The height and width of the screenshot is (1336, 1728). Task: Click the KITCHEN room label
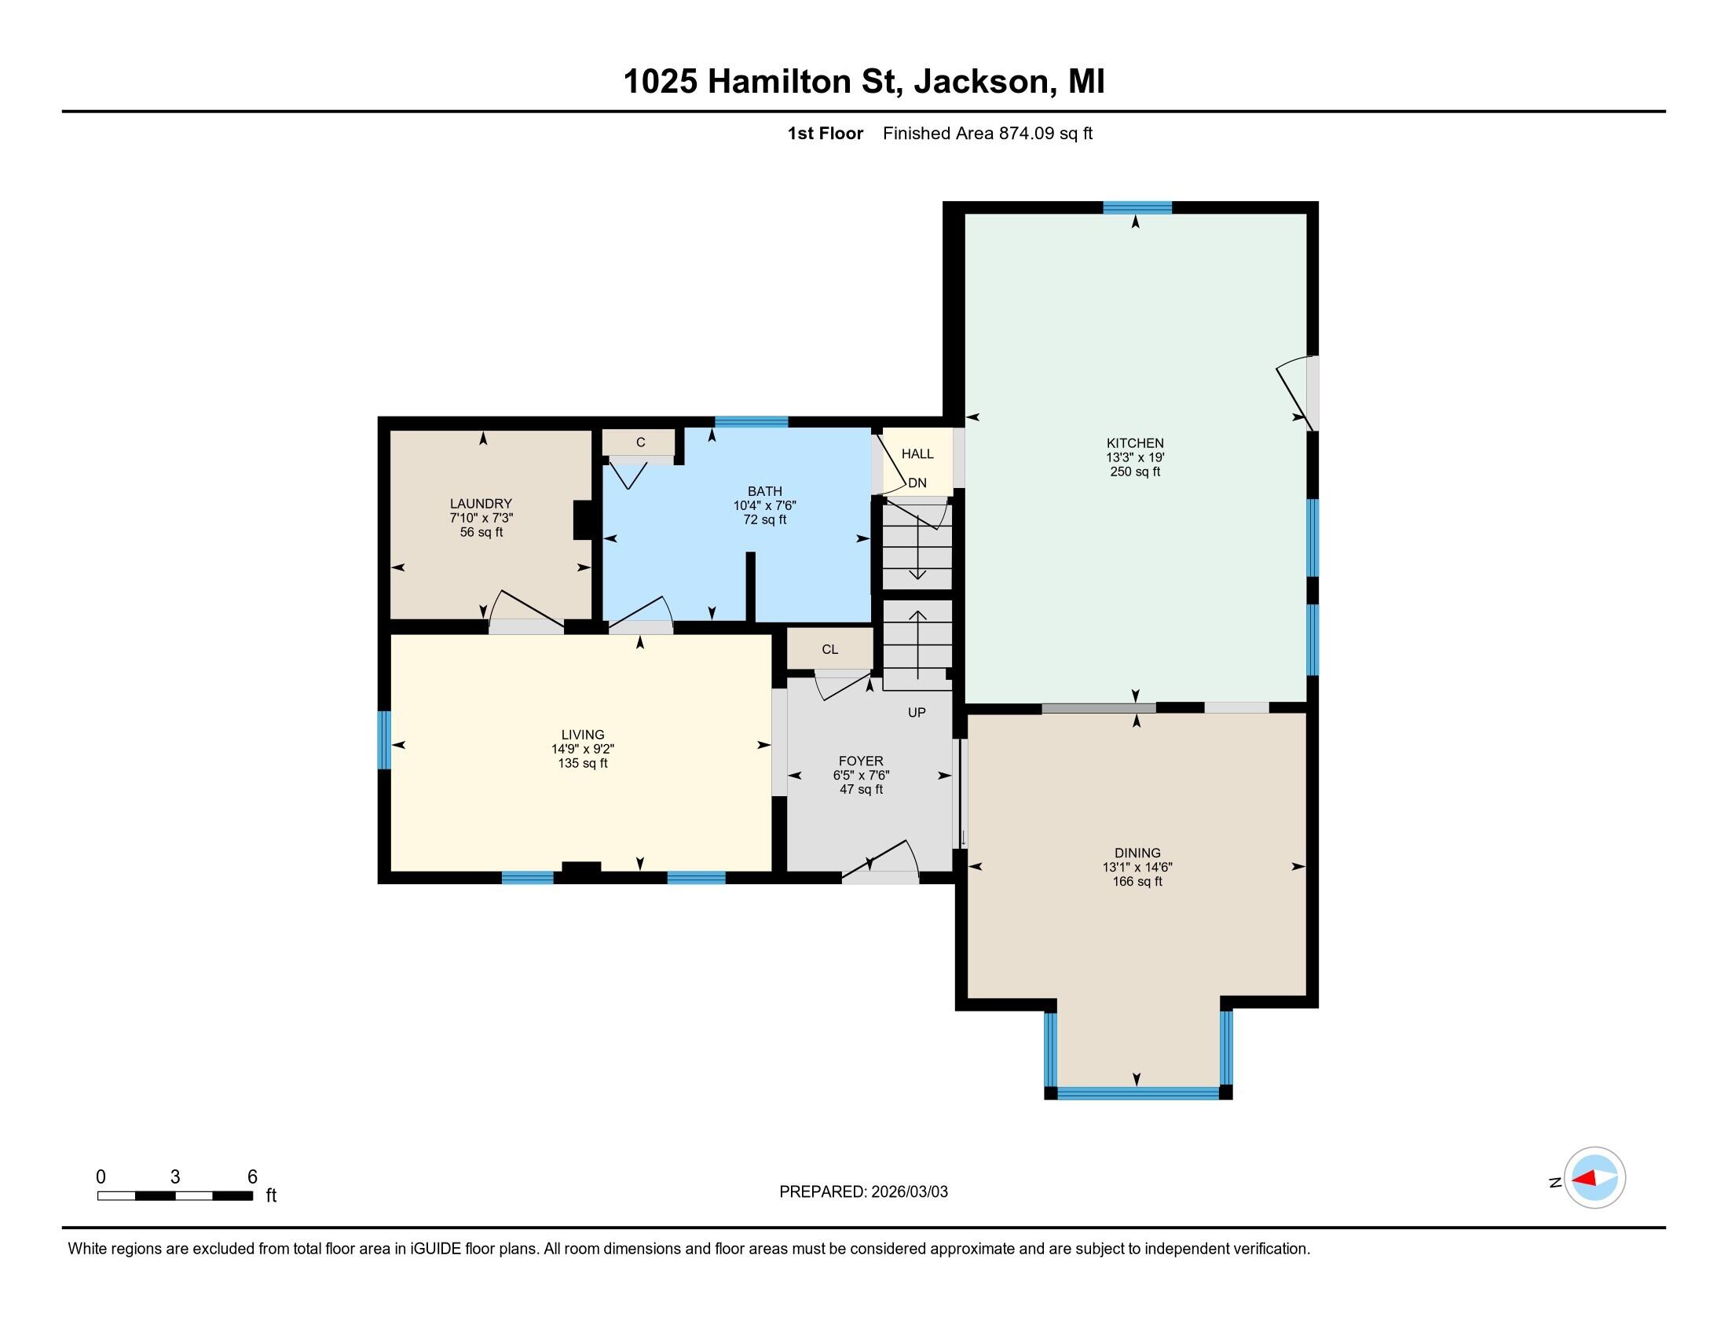1135,443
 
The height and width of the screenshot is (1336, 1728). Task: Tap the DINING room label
1137,853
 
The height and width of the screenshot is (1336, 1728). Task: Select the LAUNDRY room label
481,504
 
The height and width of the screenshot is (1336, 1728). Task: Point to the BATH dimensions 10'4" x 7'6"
764,505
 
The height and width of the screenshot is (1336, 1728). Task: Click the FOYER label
861,761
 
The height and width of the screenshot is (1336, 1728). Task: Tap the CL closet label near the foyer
829,649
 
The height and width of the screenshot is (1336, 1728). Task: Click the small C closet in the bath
640,442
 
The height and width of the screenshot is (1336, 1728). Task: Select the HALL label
917,453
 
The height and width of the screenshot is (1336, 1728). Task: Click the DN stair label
917,483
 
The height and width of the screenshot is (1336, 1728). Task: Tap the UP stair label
916,712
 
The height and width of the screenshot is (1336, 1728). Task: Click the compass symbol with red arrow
1594,1178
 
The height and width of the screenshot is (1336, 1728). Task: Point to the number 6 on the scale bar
252,1177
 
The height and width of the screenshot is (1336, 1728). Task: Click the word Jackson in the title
981,82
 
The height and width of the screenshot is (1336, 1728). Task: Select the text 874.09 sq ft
1045,134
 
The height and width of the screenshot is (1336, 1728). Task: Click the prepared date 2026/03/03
908,1192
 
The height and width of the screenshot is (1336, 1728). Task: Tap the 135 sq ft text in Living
582,763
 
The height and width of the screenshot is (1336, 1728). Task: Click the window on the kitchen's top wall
1137,207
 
